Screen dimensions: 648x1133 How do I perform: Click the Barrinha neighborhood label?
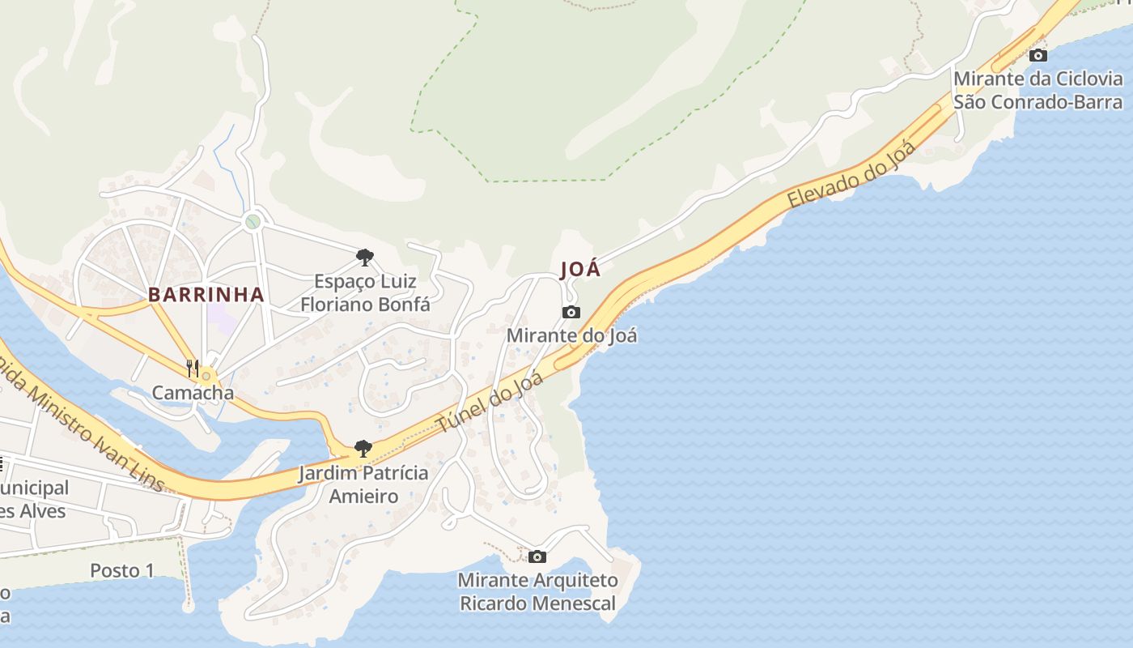pyautogui.click(x=206, y=295)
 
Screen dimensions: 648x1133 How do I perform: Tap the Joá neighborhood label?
pyautogui.click(x=580, y=270)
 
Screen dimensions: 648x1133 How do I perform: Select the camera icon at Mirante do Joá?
pyautogui.click(x=571, y=313)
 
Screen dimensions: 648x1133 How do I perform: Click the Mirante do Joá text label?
pyautogui.click(x=571, y=335)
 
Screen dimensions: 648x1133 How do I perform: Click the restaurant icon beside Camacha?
pyautogui.click(x=192, y=369)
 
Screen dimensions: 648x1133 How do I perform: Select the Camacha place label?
pyautogui.click(x=193, y=394)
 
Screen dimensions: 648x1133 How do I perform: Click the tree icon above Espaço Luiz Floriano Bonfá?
pyautogui.click(x=365, y=258)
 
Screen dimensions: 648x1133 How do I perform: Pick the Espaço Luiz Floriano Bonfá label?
pyautogui.click(x=365, y=293)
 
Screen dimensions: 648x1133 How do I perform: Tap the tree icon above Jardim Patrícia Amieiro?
pyautogui.click(x=363, y=449)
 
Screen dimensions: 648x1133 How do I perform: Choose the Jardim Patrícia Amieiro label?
pyautogui.click(x=363, y=484)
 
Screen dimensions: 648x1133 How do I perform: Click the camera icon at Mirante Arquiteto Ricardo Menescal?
pyautogui.click(x=537, y=556)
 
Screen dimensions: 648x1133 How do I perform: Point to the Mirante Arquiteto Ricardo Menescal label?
pyautogui.click(x=537, y=591)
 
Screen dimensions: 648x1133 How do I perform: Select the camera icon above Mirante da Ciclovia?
pyautogui.click(x=1038, y=55)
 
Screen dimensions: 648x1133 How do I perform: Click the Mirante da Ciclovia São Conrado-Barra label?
pyautogui.click(x=1038, y=90)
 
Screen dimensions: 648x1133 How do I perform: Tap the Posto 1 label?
pyautogui.click(x=121, y=570)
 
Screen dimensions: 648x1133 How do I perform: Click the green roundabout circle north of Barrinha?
pyautogui.click(x=253, y=220)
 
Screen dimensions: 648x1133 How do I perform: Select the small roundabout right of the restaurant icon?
pyautogui.click(x=207, y=377)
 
